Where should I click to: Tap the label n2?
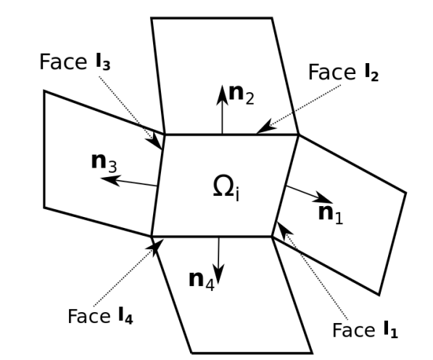242,94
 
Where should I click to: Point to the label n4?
201,280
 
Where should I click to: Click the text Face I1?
366,330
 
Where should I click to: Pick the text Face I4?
99,316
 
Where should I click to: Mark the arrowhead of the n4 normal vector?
218,277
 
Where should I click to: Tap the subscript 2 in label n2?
249,99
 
